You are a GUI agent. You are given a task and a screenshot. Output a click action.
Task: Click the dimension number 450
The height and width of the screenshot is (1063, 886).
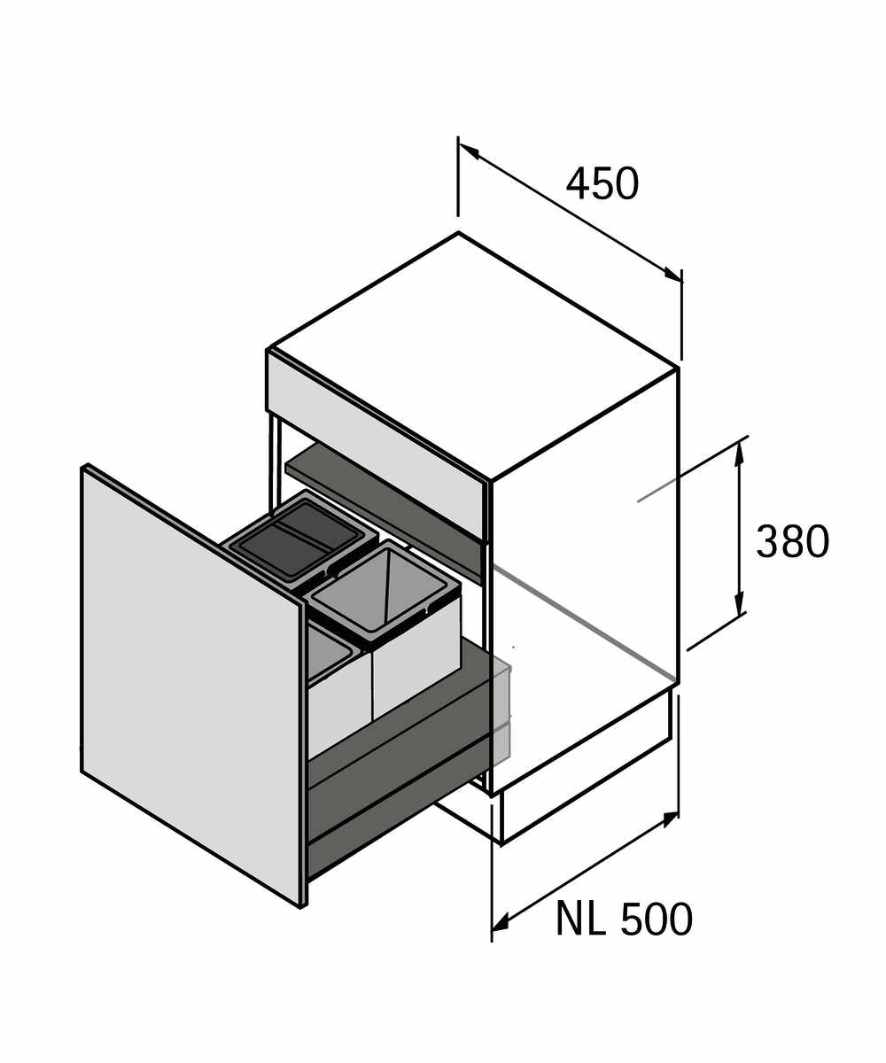(x=602, y=183)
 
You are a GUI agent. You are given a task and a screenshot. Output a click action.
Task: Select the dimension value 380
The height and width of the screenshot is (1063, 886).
(x=792, y=541)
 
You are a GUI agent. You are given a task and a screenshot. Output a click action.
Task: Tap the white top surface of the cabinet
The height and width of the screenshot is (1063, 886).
(x=473, y=355)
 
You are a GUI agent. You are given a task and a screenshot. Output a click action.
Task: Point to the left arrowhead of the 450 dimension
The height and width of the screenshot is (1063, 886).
(x=469, y=151)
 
